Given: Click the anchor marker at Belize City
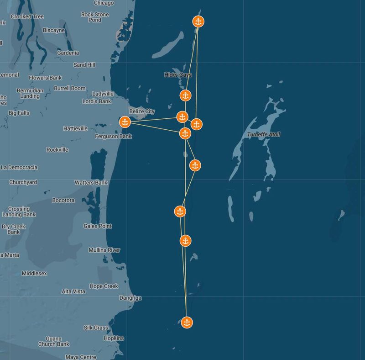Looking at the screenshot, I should click(125, 122).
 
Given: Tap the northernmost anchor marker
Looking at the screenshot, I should click(198, 21).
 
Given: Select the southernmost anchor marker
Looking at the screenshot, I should click(186, 322).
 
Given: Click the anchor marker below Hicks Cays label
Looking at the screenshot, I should click(185, 95).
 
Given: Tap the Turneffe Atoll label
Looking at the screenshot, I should click(263, 134).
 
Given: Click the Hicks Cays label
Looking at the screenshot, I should click(177, 74).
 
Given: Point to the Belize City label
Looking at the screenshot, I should click(142, 111).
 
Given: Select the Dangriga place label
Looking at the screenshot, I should click(130, 298).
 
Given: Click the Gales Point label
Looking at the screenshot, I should click(98, 226).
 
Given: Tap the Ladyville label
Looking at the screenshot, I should click(103, 94).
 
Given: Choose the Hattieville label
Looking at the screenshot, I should click(75, 128).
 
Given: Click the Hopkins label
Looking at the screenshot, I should click(113, 338).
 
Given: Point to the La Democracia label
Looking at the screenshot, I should click(19, 167).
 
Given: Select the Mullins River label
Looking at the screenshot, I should click(104, 250).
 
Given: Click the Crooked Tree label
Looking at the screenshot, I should click(27, 16).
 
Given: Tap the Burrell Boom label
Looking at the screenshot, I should click(69, 88).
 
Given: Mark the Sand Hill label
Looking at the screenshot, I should click(84, 65).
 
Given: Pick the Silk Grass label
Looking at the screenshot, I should click(96, 328).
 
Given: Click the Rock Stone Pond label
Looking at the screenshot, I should click(95, 17).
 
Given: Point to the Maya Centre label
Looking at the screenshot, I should click(81, 357).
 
